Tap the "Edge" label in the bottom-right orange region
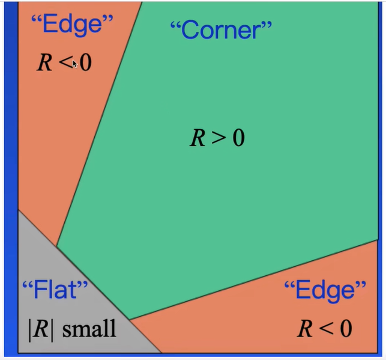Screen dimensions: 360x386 pyautogui.click(x=325, y=291)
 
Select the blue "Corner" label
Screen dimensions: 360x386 pyautogui.click(x=221, y=29)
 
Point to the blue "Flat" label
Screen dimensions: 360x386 pyautogui.click(x=55, y=290)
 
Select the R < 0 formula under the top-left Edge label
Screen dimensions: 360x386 pyautogui.click(x=64, y=63)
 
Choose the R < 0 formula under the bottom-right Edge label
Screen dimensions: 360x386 pyautogui.click(x=324, y=328)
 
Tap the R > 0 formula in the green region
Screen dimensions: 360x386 pyautogui.click(x=217, y=139)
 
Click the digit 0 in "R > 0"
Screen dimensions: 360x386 pyautogui.click(x=238, y=139)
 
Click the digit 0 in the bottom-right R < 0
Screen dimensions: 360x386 pyautogui.click(x=345, y=328)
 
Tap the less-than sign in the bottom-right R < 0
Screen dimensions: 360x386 pyautogui.click(x=325, y=329)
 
